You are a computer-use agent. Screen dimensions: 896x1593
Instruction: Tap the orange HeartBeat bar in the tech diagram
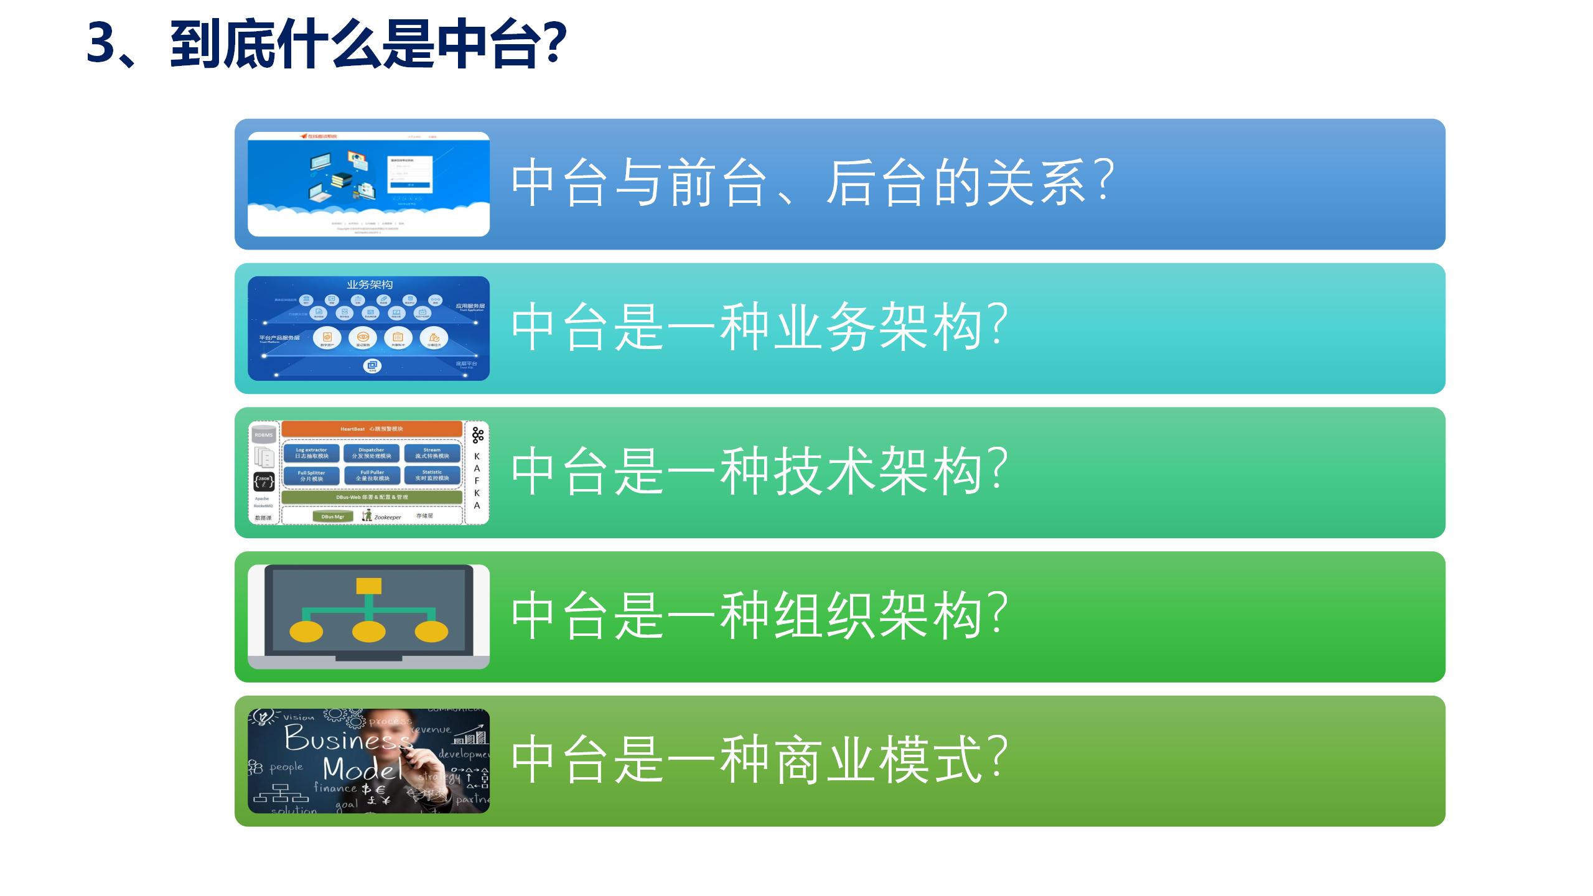point(371,429)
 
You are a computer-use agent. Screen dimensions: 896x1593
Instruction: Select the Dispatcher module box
point(371,453)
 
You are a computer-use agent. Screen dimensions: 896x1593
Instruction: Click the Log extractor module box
point(311,453)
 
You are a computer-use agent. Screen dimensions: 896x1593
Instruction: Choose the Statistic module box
point(432,476)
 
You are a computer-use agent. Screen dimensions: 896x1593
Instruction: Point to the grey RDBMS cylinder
point(264,435)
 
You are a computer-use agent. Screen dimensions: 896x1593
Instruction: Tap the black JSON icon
point(264,481)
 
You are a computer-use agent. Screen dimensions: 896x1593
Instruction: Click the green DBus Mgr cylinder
point(333,516)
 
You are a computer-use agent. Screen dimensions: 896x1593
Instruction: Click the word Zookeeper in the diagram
point(387,517)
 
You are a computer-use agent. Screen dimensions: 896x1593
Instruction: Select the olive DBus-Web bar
point(371,497)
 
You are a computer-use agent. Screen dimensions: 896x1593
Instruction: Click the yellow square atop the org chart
point(368,586)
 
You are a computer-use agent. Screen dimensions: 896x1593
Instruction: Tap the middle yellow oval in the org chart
point(368,632)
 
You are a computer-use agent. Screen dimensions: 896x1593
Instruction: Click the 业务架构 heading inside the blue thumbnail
point(370,285)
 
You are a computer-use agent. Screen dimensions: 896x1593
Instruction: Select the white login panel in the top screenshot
point(410,174)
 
